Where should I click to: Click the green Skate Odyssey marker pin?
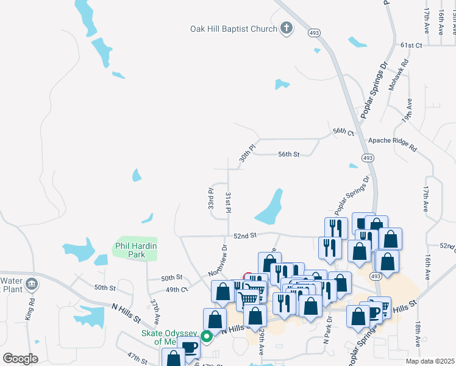207,335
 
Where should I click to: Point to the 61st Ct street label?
411,45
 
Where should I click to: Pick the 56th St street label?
288,154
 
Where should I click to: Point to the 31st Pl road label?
228,202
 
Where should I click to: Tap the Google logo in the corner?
21,359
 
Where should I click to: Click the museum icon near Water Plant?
32,284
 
